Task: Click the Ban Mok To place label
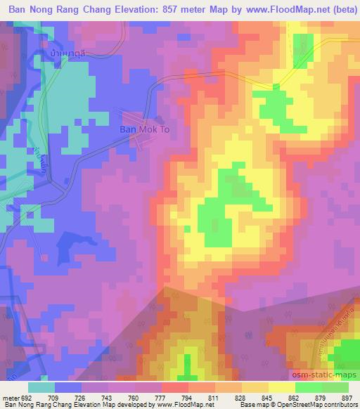coord(144,130)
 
